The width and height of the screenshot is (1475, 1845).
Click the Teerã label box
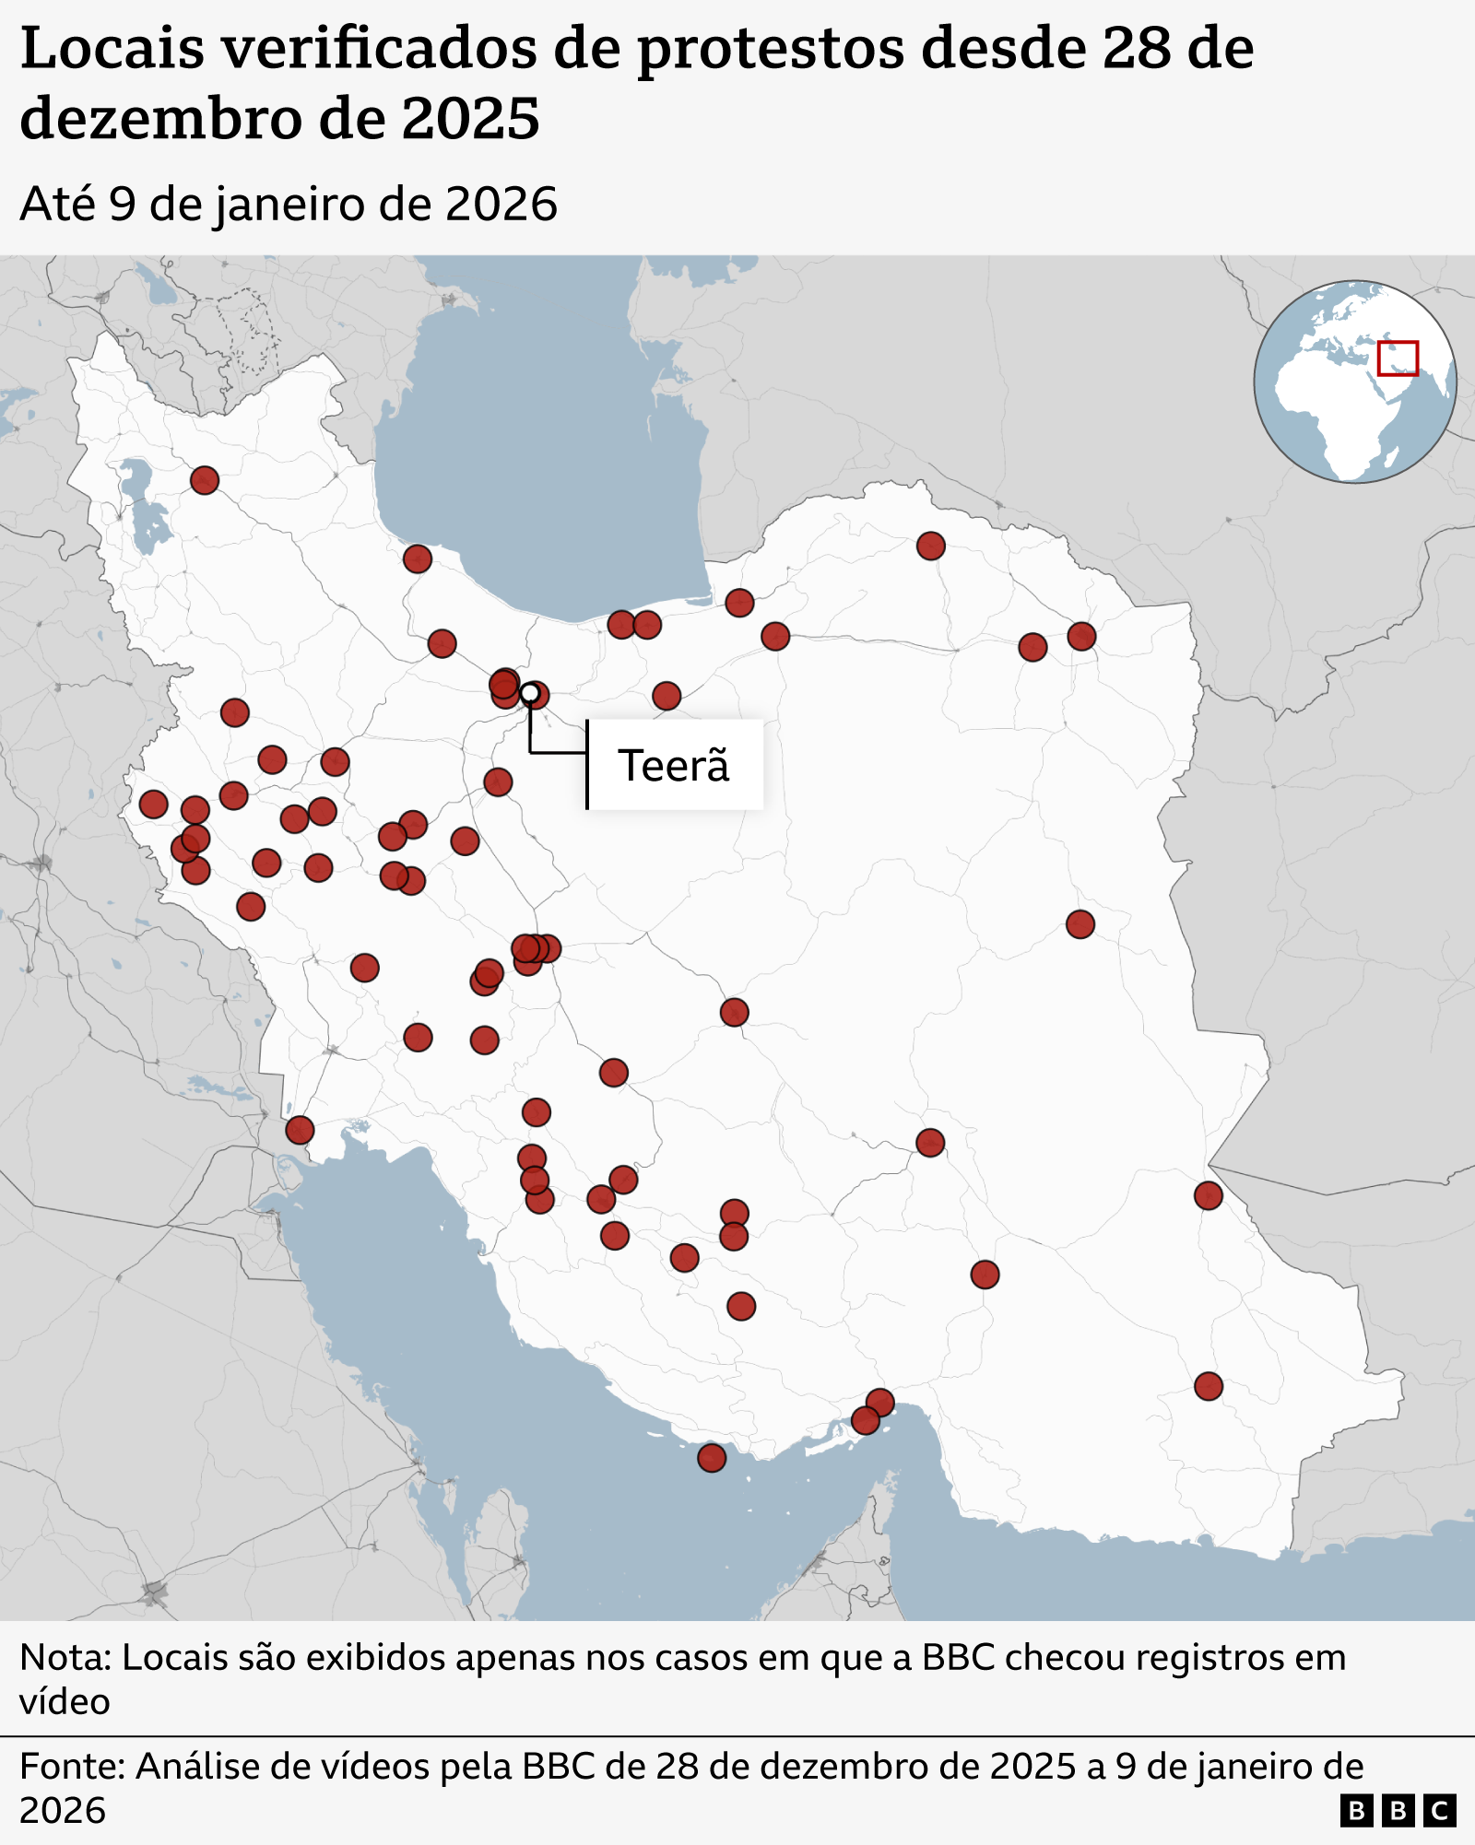675,765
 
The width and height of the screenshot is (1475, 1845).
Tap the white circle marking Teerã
530,692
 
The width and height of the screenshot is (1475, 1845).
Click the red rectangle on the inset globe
1398,358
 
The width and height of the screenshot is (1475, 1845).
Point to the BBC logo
1398,1811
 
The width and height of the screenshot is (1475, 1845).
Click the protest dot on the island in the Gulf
712,1458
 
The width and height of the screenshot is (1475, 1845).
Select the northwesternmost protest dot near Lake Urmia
205,480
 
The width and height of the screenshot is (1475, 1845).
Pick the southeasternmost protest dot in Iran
1209,1386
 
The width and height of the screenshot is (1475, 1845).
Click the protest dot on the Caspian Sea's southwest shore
418,558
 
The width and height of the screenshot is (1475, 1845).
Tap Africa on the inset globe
1337,415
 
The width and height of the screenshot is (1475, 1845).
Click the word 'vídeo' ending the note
65,1702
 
